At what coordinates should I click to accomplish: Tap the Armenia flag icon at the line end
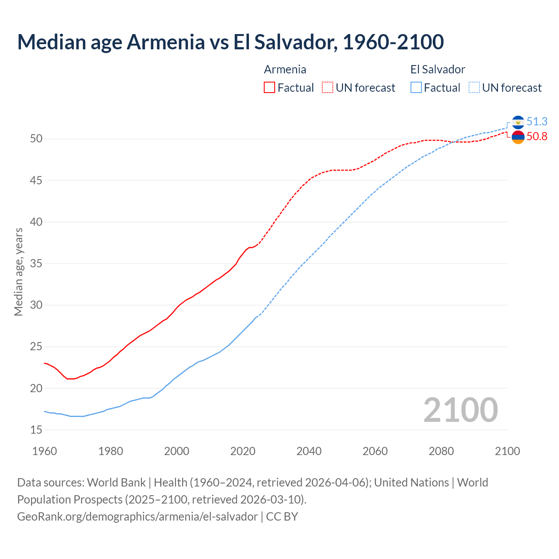click(518, 137)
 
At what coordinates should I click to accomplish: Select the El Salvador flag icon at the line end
click(518, 122)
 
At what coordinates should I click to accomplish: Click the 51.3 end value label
click(537, 121)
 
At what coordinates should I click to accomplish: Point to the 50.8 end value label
click(537, 137)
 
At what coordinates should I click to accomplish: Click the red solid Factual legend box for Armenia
click(269, 88)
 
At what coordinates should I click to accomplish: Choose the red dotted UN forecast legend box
click(328, 88)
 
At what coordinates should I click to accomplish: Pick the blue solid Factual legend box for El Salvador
click(416, 88)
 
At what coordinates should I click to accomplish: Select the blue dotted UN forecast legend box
click(474, 88)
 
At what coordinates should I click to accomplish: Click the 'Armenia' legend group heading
click(285, 69)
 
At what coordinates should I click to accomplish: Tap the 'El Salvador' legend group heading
click(438, 69)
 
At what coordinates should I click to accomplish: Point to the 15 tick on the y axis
click(36, 430)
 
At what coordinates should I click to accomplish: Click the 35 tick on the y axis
click(36, 264)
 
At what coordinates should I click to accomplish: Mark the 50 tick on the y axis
click(36, 139)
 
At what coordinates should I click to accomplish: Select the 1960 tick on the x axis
click(45, 451)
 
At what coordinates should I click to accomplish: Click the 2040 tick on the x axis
click(309, 451)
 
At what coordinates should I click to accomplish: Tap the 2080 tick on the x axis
click(441, 451)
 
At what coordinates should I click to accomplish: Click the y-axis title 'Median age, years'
click(18, 272)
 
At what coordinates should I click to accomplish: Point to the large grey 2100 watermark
click(460, 410)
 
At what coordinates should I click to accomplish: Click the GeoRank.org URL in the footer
click(137, 517)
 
